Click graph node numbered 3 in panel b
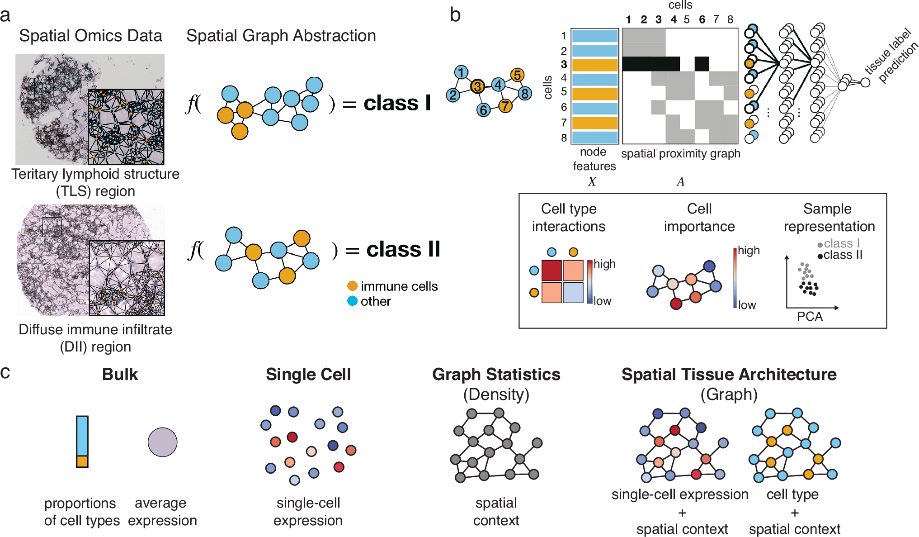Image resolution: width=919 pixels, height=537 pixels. coord(477,86)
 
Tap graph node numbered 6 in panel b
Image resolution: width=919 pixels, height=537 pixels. coord(483,109)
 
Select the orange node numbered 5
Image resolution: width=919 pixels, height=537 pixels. coord(517,75)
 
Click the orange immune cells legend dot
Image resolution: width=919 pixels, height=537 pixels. coord(352,286)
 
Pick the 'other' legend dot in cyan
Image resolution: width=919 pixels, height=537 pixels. coord(352,301)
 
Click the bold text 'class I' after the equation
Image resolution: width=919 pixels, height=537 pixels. coord(397,103)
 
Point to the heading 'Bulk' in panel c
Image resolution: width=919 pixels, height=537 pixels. coord(120,375)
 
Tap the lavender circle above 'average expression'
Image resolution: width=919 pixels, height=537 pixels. coord(162,442)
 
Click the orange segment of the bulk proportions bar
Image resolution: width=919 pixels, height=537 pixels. coord(82,461)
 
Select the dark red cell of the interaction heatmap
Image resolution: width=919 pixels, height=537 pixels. coord(551,271)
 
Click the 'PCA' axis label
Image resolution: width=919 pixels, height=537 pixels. coord(809,316)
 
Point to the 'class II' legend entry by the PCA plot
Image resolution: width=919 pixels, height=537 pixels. coord(842,255)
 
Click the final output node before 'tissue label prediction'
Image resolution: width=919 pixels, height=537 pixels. coord(865,82)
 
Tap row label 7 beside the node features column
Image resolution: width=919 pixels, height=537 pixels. coord(564,123)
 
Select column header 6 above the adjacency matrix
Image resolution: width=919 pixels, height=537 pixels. coord(702,19)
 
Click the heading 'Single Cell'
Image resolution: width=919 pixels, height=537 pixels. coord(308,375)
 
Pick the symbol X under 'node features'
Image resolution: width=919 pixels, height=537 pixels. coord(592,181)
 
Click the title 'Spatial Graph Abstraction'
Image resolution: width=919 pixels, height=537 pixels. coord(281,36)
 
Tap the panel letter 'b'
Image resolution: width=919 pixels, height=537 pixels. coord(455,15)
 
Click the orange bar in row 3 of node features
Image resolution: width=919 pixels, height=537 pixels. coord(594,65)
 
